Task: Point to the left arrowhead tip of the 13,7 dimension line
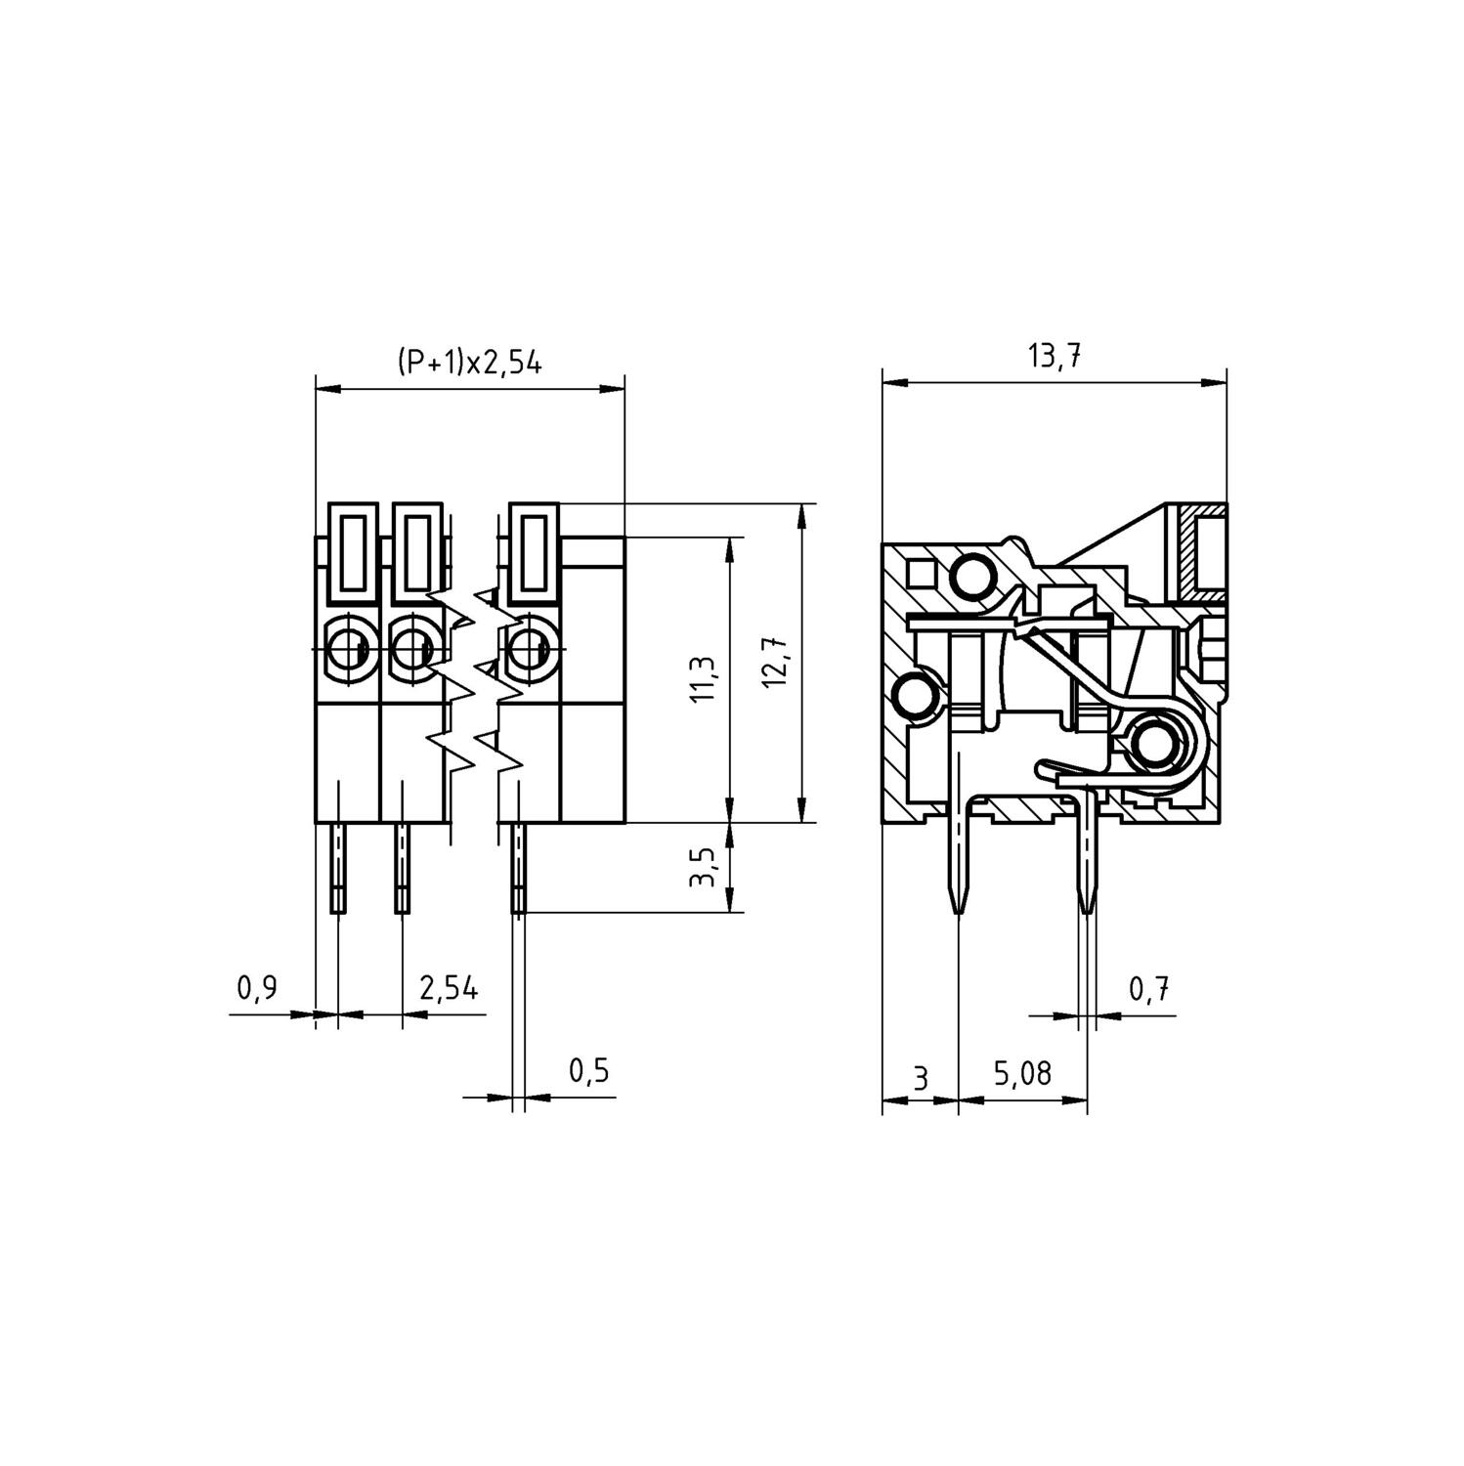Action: click(x=883, y=381)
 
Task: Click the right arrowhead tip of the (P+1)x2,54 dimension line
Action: click(x=624, y=389)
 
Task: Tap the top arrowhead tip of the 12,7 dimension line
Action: click(x=800, y=504)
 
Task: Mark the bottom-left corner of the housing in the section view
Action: click(x=883, y=823)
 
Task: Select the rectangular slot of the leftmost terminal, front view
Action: click(x=352, y=553)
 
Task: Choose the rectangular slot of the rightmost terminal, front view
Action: click(x=533, y=553)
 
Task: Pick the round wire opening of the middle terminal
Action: click(x=413, y=646)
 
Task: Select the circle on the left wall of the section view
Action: click(x=916, y=698)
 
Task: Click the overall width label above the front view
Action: click(x=469, y=363)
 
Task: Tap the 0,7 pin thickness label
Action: click(x=1149, y=990)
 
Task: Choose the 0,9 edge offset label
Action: click(x=257, y=988)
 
